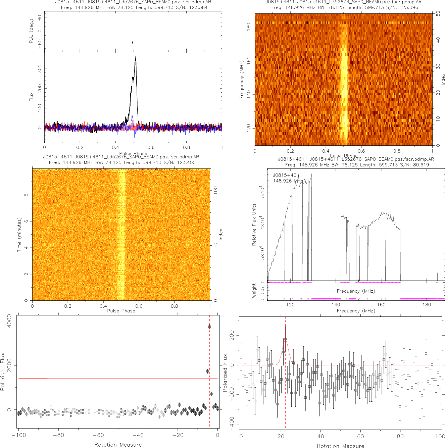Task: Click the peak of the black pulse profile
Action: tap(136, 57)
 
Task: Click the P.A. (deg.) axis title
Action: tap(31, 31)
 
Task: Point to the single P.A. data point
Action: tap(133, 43)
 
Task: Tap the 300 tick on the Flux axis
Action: tap(40, 69)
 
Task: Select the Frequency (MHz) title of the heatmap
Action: tap(241, 80)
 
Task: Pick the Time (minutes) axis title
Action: tap(19, 235)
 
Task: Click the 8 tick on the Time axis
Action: tap(26, 195)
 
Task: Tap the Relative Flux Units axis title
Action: tap(254, 225)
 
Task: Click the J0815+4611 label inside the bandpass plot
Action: tap(287, 175)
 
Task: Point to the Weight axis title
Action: tap(254, 290)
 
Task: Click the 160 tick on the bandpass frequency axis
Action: tap(381, 305)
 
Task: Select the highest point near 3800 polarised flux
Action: tap(209, 327)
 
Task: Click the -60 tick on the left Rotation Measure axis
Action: tap(98, 435)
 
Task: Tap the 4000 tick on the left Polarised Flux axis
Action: tap(9, 321)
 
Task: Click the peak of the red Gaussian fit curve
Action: tap(285, 340)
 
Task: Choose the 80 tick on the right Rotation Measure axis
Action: tap(400, 437)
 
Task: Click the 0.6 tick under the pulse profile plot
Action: tap(151, 147)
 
